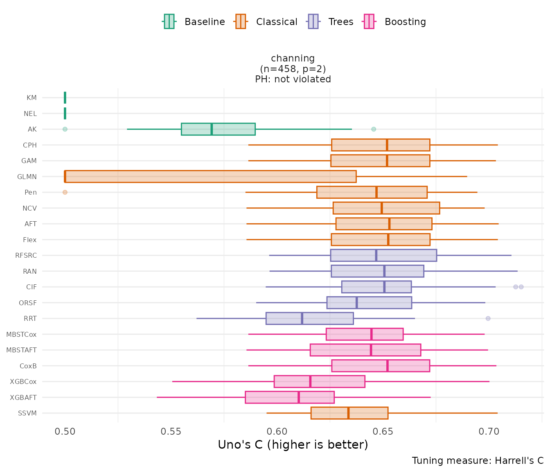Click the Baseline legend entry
(194, 22)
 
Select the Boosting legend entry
(395, 22)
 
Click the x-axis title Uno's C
(293, 445)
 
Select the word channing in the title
(293, 59)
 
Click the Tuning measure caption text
(478, 461)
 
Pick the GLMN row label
(27, 177)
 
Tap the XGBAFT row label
(23, 397)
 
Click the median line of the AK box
(212, 129)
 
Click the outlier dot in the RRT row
(488, 318)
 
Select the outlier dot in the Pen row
(65, 192)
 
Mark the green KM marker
(65, 98)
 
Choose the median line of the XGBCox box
(310, 381)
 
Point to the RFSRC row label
(26, 255)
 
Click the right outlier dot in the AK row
(374, 129)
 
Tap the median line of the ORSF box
(357, 303)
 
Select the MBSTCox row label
(21, 334)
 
